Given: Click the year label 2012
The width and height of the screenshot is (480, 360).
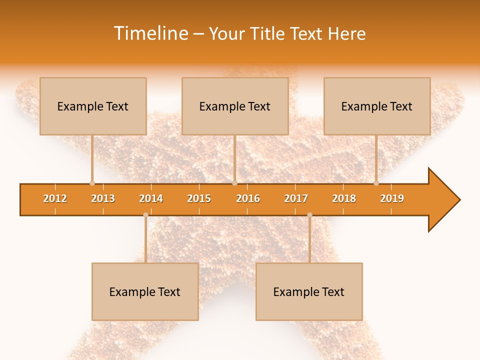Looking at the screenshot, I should tap(55, 199).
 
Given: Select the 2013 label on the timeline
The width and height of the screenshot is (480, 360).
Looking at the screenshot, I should tap(103, 199).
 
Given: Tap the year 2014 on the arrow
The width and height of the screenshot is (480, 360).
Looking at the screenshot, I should tap(151, 199).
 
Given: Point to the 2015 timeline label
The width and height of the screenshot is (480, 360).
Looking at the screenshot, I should tap(199, 199).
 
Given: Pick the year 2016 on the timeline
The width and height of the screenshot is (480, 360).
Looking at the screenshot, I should tap(248, 199).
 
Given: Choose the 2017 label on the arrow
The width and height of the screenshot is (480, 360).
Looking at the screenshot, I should tap(296, 199).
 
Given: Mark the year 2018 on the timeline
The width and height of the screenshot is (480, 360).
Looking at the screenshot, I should tap(344, 199).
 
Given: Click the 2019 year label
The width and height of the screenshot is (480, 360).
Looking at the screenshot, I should tap(392, 199).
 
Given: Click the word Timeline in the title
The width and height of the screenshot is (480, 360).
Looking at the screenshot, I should tap(149, 33).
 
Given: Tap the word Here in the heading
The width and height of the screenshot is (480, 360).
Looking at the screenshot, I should tap(346, 33).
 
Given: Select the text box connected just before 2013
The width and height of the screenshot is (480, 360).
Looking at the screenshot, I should tap(93, 106).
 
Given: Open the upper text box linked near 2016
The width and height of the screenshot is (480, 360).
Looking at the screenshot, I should tap(235, 106).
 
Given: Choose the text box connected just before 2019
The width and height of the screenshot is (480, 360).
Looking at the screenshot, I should tap(377, 106).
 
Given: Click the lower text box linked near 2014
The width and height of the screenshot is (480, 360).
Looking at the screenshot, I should tap(145, 291).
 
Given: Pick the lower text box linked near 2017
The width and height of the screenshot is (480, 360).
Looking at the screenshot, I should tap(309, 291).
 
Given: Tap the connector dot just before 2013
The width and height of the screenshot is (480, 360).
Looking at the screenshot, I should tap(92, 183).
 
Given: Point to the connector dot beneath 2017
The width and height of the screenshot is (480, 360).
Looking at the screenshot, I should tap(309, 215).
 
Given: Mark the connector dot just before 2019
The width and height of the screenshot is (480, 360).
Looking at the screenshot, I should tap(376, 183).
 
